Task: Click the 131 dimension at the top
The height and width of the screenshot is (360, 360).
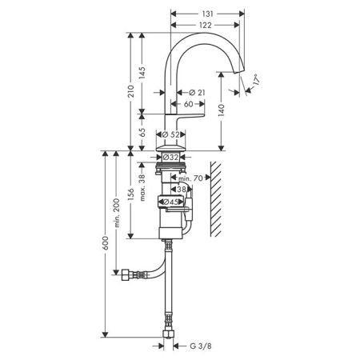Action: (x=206, y=6)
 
